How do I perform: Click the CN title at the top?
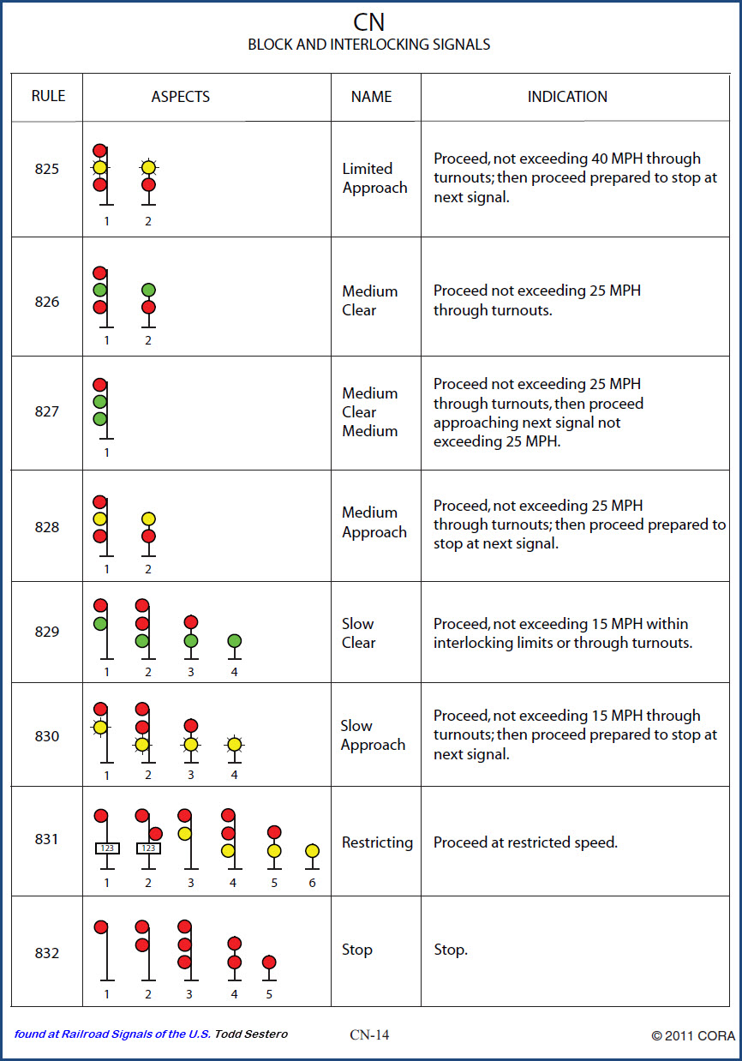(370, 21)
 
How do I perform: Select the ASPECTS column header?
(181, 97)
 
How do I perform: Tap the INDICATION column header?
(567, 97)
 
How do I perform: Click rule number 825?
(47, 169)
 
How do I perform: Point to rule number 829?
(47, 632)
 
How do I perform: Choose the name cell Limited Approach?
(374, 178)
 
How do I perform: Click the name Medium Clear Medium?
(370, 412)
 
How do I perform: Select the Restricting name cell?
(377, 842)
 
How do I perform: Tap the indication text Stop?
(451, 950)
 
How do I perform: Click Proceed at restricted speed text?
(525, 842)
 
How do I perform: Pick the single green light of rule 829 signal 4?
(234, 641)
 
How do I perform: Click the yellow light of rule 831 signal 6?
(312, 851)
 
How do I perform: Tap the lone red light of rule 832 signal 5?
(269, 962)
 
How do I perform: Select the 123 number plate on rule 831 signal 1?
(107, 848)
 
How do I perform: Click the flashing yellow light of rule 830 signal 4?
(234, 744)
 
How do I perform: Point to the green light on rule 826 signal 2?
(148, 291)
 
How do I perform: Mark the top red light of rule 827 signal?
(100, 385)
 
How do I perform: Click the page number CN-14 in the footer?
(369, 1034)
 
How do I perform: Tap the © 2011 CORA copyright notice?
(692, 1035)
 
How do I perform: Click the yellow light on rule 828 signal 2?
(148, 519)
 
